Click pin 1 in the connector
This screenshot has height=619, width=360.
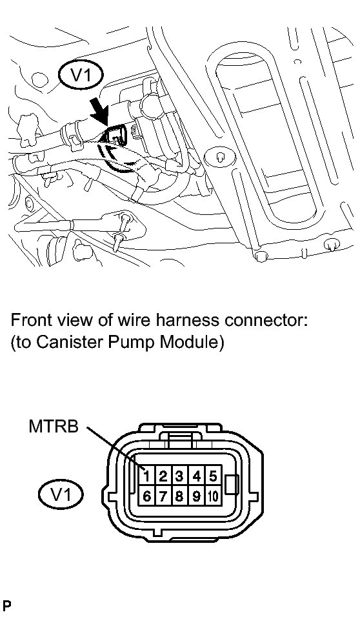click(146, 476)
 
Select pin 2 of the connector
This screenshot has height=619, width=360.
click(163, 476)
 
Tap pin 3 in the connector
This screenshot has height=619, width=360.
click(179, 476)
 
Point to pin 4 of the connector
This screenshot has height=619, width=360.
click(196, 476)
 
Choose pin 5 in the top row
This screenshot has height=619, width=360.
click(212, 476)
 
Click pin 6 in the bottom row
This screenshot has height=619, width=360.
click(146, 496)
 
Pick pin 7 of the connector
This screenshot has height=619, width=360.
click(163, 496)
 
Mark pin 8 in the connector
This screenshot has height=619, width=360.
click(179, 496)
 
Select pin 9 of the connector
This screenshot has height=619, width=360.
click(196, 496)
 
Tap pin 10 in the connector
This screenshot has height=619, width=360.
click(212, 496)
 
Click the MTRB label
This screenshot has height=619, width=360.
click(54, 427)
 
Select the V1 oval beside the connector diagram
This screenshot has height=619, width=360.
click(61, 494)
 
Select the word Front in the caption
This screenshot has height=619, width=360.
click(29, 320)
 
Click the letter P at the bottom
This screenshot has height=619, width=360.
click(6, 605)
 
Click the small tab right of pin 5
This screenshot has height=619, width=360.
click(232, 485)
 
